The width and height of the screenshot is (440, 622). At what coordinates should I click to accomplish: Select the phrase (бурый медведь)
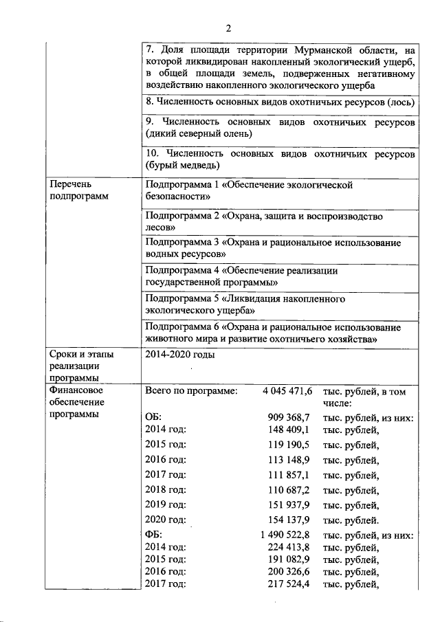[182, 166]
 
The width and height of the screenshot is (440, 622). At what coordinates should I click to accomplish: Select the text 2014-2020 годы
[180, 355]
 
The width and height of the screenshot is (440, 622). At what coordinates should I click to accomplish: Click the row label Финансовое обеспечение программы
[76, 403]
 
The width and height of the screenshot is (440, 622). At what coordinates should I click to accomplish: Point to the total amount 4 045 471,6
[287, 390]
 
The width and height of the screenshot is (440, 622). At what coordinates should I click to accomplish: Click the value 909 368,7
[289, 417]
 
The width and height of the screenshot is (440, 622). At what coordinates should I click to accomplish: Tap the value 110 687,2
[289, 490]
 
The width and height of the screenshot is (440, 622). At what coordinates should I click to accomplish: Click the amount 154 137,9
[289, 520]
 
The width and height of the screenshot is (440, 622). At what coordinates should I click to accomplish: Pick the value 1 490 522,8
[286, 535]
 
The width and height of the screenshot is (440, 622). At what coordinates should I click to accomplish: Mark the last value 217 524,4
[289, 584]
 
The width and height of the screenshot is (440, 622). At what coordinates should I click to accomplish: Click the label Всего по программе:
[191, 390]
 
